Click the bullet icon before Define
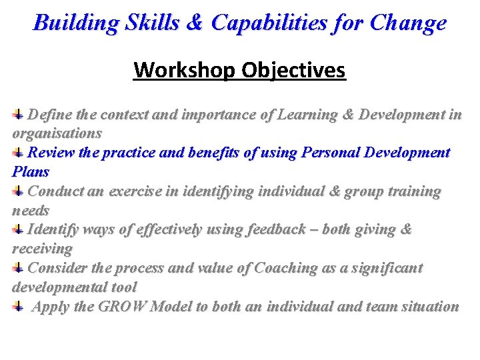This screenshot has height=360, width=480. coord(19,114)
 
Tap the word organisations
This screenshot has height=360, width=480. coord(57,133)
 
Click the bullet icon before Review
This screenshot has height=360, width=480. coord(19,153)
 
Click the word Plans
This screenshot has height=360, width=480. coord(31,171)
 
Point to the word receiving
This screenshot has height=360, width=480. coord(43,249)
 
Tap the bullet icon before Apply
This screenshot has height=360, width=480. coord(19,307)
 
